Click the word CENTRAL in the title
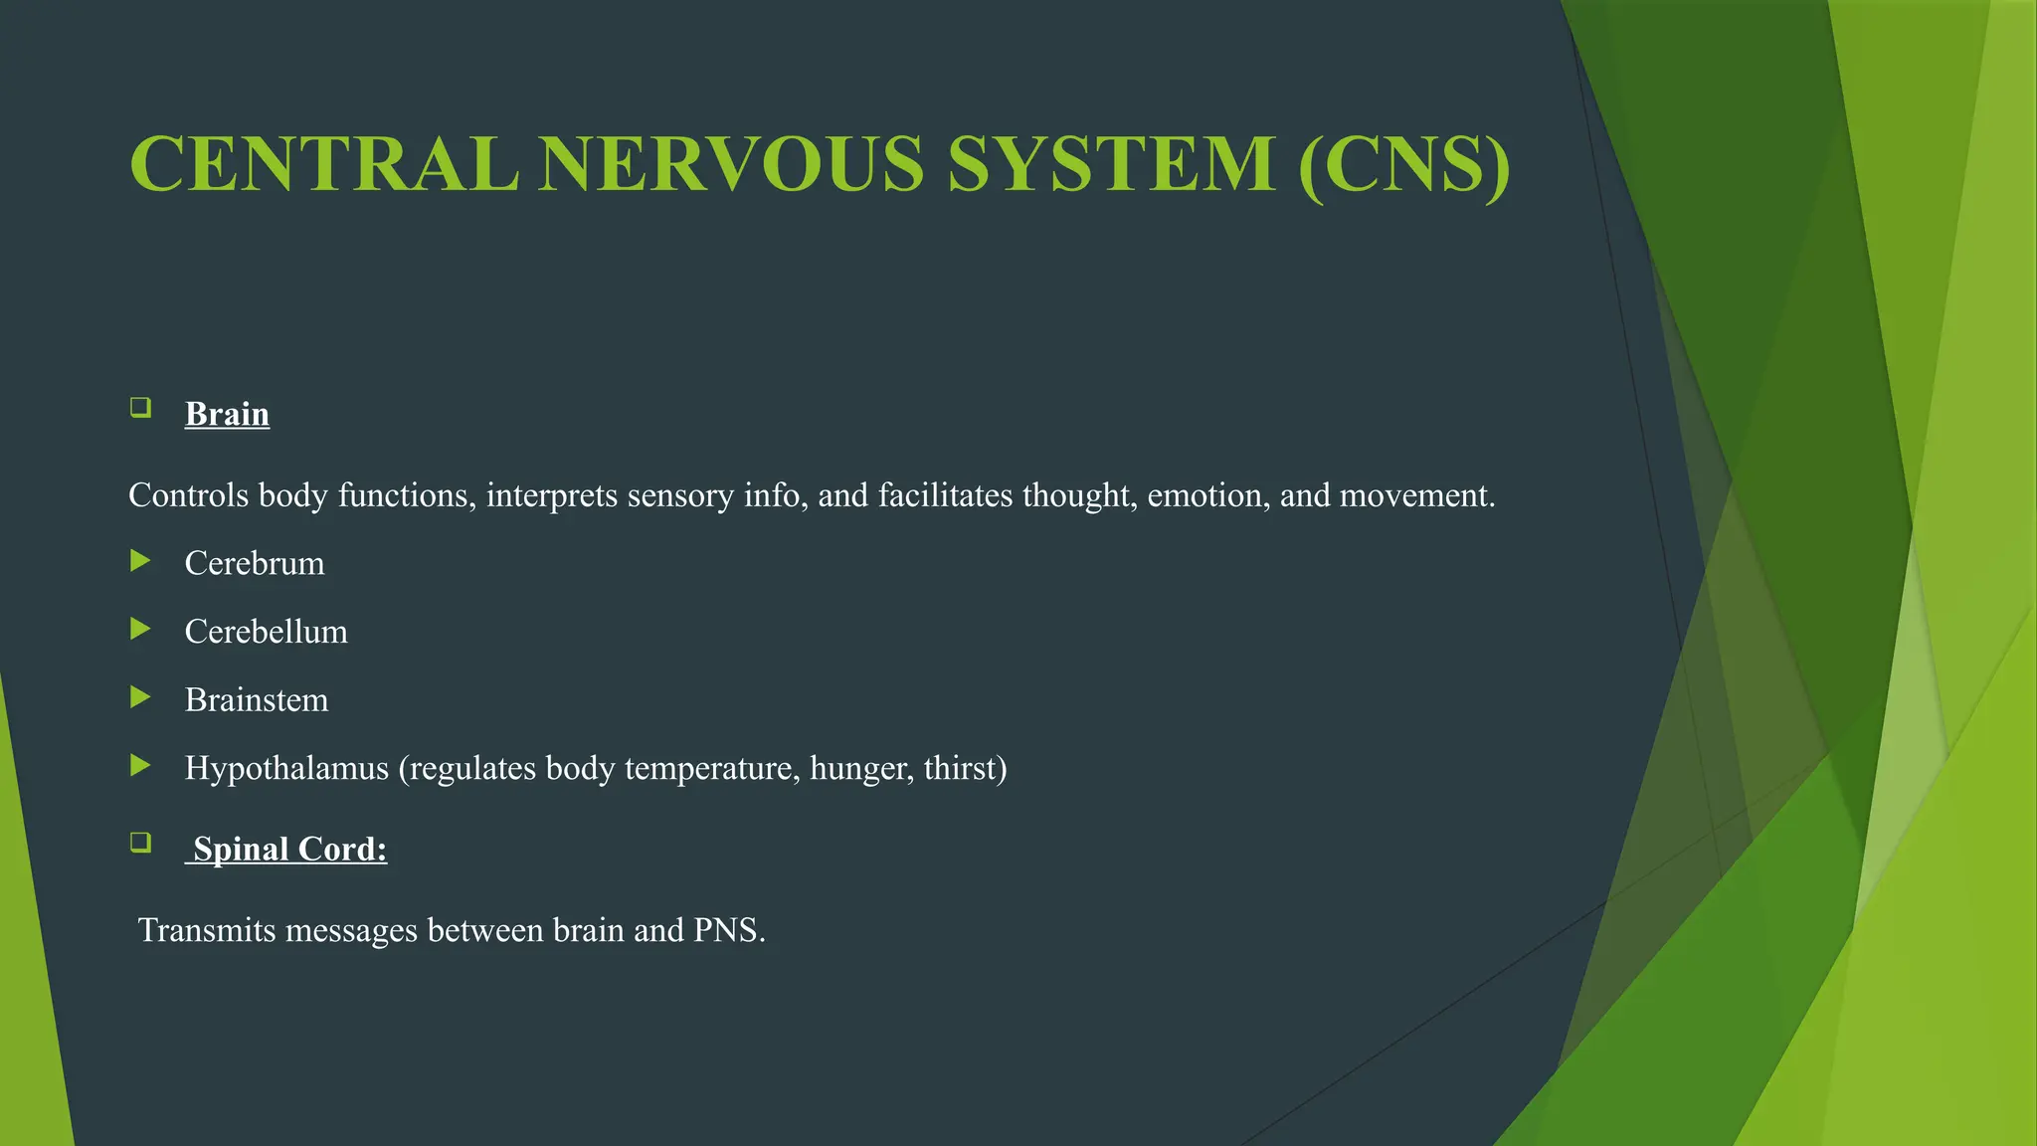[x=324, y=164]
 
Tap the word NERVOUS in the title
[x=732, y=164]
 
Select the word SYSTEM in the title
[x=1111, y=164]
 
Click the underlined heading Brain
[x=227, y=414]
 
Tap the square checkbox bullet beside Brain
[x=140, y=407]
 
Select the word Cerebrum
[x=255, y=563]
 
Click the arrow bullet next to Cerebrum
[x=140, y=561]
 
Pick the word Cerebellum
[x=267, y=632]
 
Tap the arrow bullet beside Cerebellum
[x=140, y=629]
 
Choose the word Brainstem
[x=257, y=700]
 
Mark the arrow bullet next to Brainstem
[x=140, y=697]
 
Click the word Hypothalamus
[x=286, y=768]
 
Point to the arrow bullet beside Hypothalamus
[x=140, y=765]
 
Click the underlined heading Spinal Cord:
[x=289, y=849]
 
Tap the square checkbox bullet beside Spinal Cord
[x=140, y=843]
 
